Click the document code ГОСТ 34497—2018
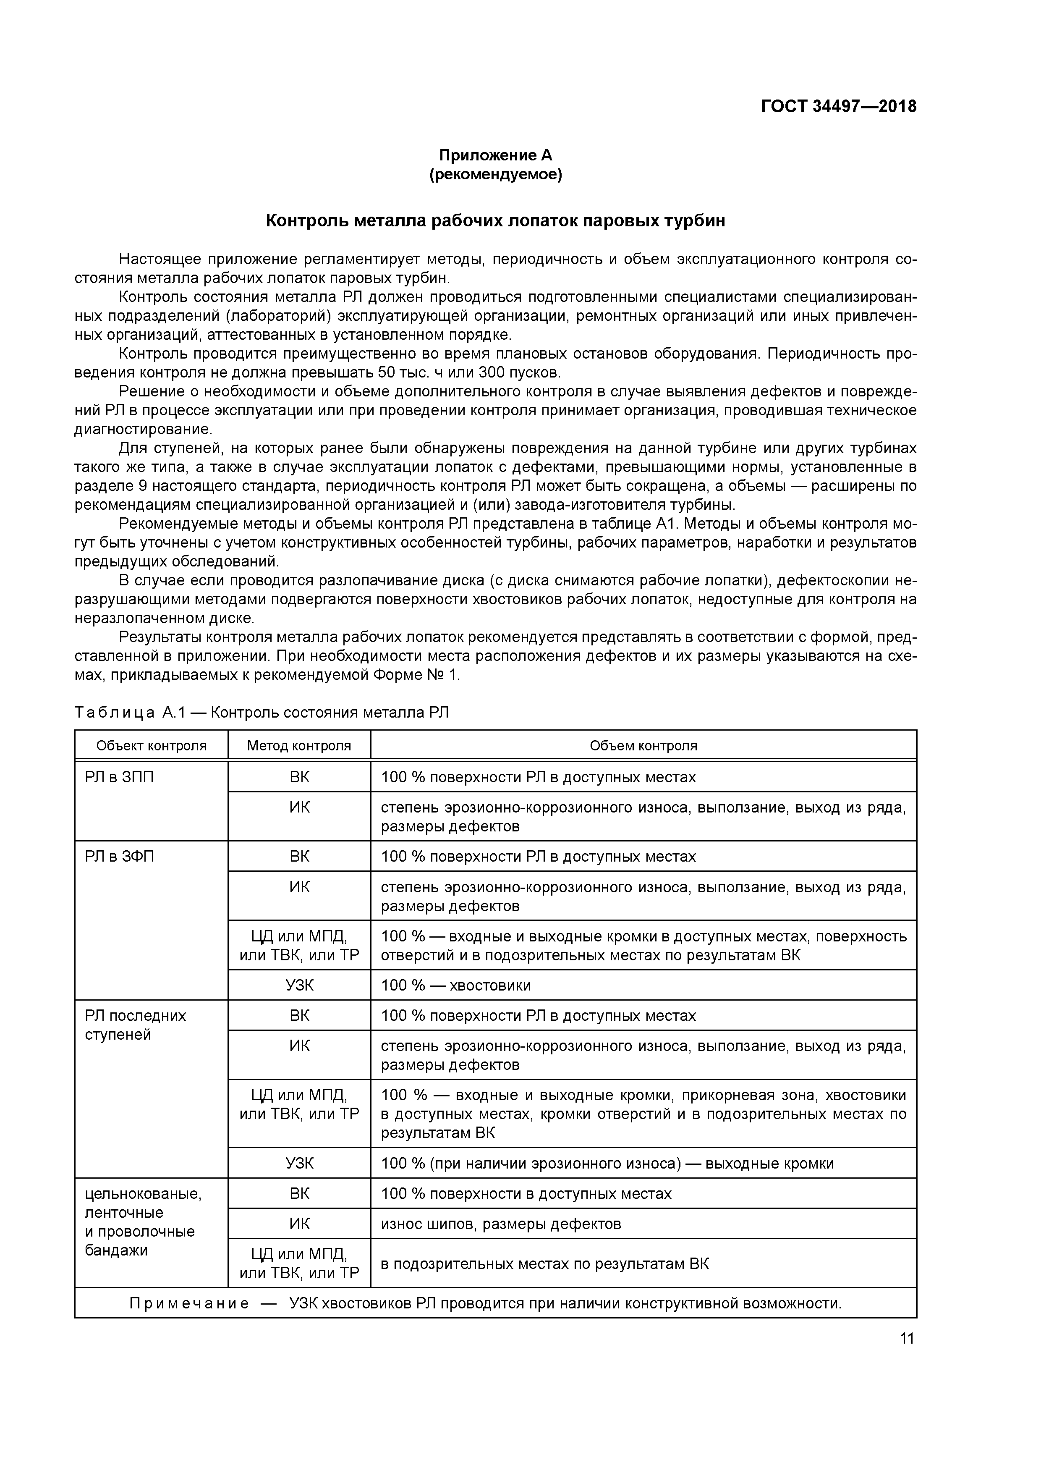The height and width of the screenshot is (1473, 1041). [838, 107]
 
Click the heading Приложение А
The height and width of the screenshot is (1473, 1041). [495, 155]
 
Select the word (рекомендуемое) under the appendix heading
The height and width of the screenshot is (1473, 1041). [495, 175]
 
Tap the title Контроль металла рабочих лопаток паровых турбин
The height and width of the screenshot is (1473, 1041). [495, 221]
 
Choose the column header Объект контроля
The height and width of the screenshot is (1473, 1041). [152, 745]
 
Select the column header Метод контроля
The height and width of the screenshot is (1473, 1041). [299, 745]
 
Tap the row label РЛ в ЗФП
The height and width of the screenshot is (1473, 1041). [119, 857]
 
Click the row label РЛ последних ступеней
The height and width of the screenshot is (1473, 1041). [135, 1025]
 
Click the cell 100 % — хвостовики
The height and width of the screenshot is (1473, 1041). [455, 985]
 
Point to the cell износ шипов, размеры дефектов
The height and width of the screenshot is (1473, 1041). [500, 1224]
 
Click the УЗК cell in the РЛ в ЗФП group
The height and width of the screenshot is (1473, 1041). [299, 985]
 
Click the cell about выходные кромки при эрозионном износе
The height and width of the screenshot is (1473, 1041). [607, 1164]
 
